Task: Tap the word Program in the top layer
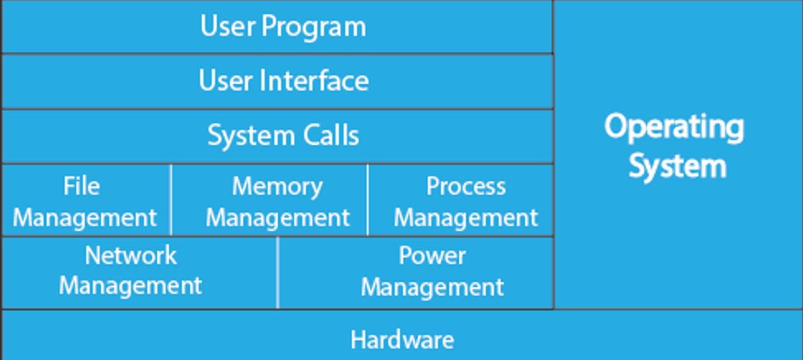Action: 313,27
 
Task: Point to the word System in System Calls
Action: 244,136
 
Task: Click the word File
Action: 81,186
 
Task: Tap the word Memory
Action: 277,187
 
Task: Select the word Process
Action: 466,187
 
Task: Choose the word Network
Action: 131,255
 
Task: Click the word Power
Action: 432,255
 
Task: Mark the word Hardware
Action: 402,340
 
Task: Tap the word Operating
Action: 674,127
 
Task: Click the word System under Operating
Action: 678,166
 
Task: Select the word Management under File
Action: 85,218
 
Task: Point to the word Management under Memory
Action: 278,218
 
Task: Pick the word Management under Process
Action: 466,218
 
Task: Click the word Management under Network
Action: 130,286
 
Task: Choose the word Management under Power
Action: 432,287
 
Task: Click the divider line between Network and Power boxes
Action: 278,272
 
